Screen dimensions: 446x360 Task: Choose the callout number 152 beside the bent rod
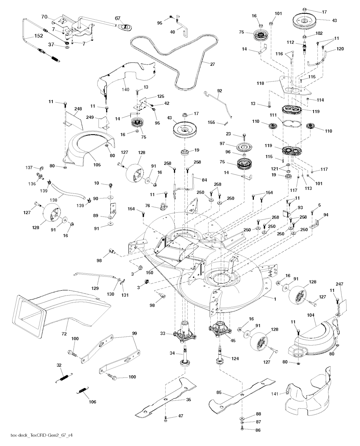(39, 36)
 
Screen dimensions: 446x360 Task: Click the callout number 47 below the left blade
(180, 416)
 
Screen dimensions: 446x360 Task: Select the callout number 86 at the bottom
(258, 429)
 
